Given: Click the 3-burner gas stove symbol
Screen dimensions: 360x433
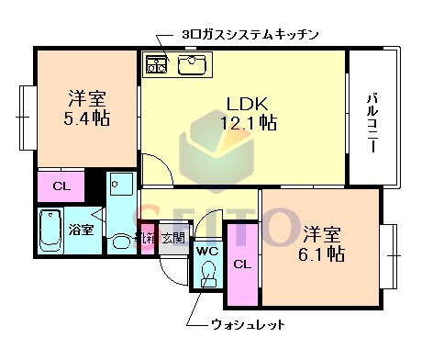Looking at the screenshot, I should pyautogui.click(x=155, y=64).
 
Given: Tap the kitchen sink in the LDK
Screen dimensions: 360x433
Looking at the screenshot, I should pyautogui.click(x=193, y=64).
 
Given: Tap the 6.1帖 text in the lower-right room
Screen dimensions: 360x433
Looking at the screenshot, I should pyautogui.click(x=322, y=252).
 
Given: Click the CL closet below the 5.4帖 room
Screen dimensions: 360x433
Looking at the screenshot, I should pyautogui.click(x=61, y=186).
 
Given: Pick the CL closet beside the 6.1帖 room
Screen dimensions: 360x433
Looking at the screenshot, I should pyautogui.click(x=241, y=265).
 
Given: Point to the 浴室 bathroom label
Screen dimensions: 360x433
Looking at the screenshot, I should pyautogui.click(x=81, y=229).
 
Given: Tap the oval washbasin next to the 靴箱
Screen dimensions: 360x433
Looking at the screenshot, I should pyautogui.click(x=121, y=243).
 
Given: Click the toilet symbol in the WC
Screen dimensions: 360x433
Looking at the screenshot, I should pyautogui.click(x=207, y=273).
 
